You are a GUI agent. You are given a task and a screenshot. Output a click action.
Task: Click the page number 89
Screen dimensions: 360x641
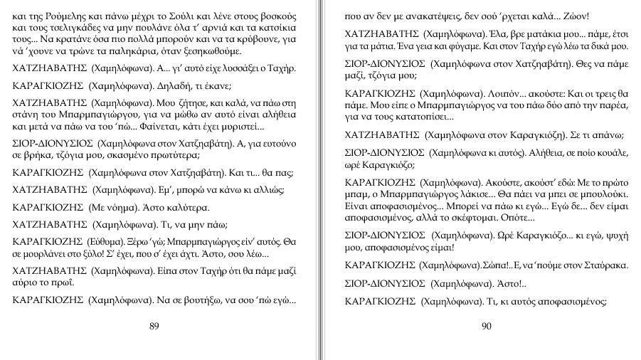click(154, 326)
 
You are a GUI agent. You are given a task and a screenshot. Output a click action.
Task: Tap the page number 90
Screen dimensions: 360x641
click(487, 326)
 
